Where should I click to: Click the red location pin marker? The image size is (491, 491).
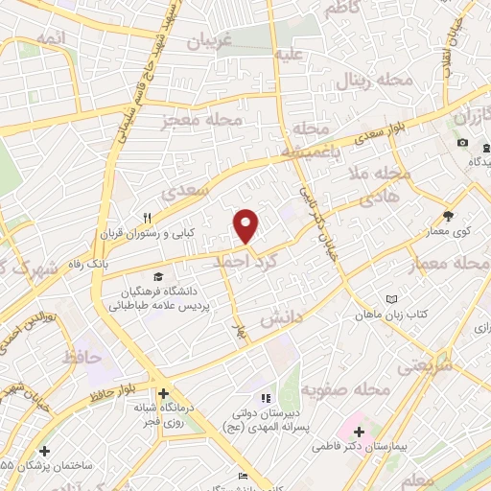pyautogui.click(x=246, y=225)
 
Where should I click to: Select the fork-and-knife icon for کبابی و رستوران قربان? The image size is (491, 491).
pyautogui.click(x=148, y=218)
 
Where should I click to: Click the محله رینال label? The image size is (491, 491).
pyautogui.click(x=374, y=80)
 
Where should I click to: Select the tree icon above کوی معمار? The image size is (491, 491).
pyautogui.click(x=448, y=214)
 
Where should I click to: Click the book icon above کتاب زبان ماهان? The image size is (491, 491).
pyautogui.click(x=389, y=300)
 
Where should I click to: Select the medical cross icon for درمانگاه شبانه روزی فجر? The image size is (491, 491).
pyautogui.click(x=163, y=393)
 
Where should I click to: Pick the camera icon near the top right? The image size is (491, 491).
pyautogui.click(x=462, y=143)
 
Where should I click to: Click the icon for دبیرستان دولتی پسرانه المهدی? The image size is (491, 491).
pyautogui.click(x=267, y=399)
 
